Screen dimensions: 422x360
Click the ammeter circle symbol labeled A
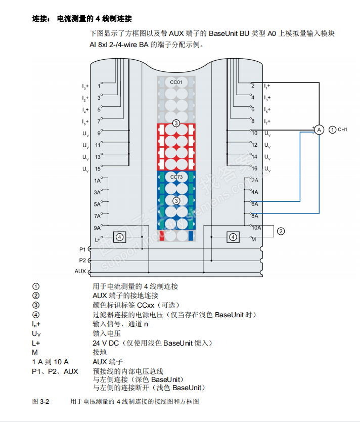(x=319, y=130)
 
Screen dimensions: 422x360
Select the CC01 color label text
(x=176, y=81)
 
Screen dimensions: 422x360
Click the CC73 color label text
(x=176, y=177)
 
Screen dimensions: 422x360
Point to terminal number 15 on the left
(x=98, y=169)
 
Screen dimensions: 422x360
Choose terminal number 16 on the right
(x=254, y=168)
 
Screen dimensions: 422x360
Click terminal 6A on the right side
(x=254, y=203)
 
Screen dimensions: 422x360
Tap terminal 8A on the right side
(x=254, y=215)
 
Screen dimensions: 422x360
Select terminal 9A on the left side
(x=97, y=228)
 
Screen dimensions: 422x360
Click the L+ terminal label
(x=98, y=239)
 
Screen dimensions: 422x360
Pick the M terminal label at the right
(x=254, y=238)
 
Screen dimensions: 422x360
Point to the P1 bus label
(x=82, y=249)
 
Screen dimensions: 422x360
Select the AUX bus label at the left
(x=80, y=272)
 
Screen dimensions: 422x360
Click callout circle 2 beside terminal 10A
(x=281, y=231)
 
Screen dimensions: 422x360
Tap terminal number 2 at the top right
(x=253, y=86)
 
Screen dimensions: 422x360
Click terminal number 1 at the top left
(x=99, y=86)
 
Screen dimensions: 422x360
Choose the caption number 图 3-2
(x=40, y=401)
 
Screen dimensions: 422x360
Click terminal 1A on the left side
(x=97, y=181)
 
